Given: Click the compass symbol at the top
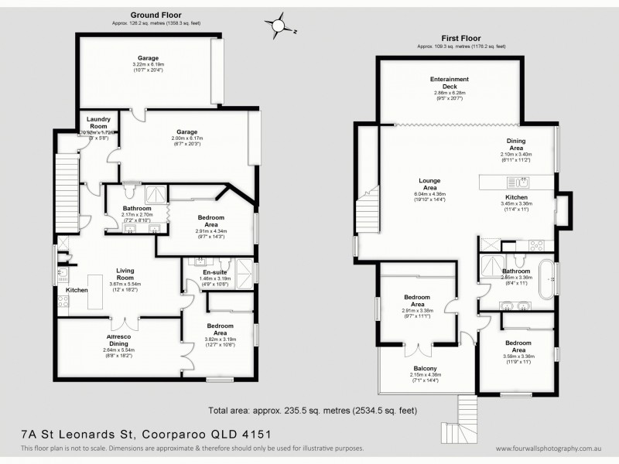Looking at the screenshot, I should point(277,26).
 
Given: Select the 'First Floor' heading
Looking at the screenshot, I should point(461,38).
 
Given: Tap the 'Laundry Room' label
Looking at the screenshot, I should point(97,122).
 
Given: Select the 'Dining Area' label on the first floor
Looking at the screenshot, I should point(515,144).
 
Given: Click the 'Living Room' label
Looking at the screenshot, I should point(125,273).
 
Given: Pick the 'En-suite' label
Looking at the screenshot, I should point(214,272).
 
